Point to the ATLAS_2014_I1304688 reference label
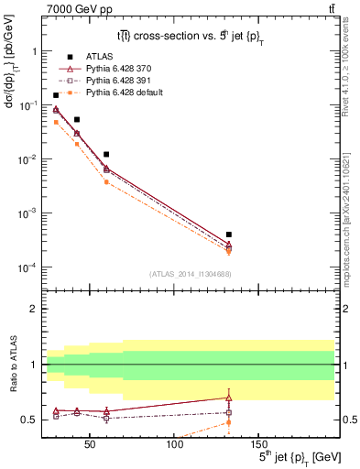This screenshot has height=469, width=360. click(x=191, y=274)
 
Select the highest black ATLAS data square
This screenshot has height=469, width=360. click(x=56, y=95)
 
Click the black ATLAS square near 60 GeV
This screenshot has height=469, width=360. click(x=106, y=155)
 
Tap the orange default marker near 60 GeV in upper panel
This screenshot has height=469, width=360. click(x=106, y=182)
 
